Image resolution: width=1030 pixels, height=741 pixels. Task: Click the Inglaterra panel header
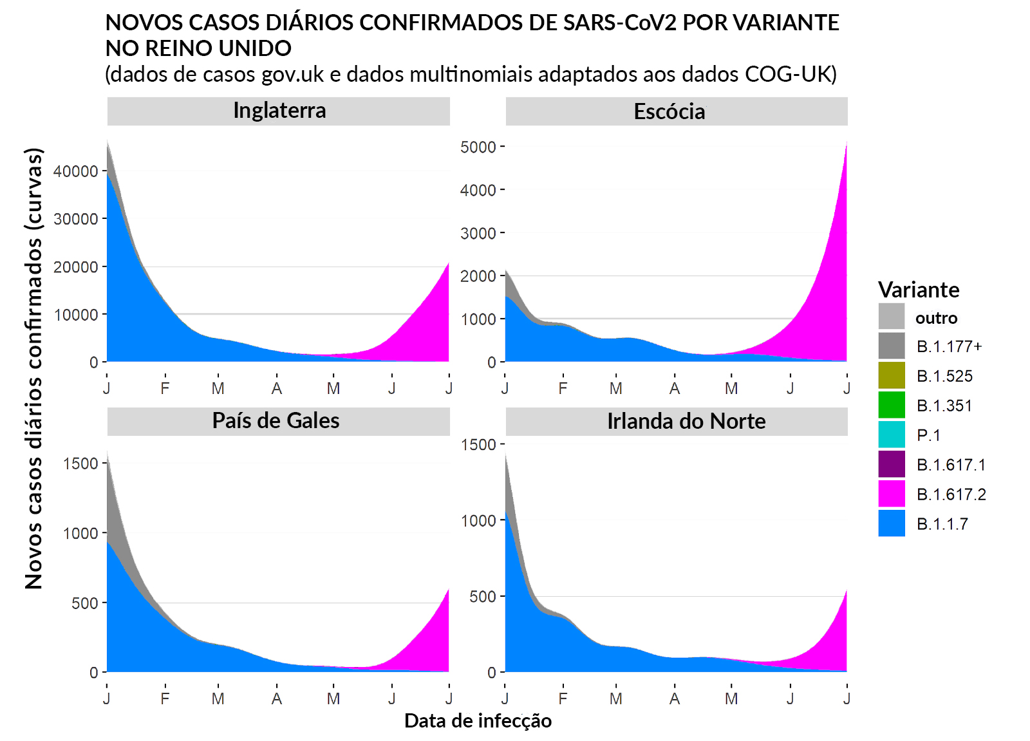tap(279, 111)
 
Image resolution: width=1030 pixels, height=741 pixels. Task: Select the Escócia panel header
tap(669, 111)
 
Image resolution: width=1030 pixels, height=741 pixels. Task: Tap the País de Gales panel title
tap(276, 421)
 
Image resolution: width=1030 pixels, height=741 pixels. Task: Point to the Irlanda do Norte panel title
tap(686, 422)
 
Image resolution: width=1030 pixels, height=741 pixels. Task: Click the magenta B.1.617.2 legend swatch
tap(892, 494)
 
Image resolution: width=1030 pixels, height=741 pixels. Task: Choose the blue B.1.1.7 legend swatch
tap(892, 523)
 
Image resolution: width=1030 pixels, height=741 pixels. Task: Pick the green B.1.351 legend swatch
tap(892, 405)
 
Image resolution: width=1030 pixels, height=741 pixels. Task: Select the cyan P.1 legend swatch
tap(892, 435)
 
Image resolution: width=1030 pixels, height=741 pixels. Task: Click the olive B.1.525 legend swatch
tap(892, 375)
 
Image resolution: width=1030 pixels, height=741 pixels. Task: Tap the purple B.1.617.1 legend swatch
tap(892, 464)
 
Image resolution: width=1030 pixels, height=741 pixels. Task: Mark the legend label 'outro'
tap(936, 318)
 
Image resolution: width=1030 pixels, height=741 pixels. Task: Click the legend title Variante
tap(919, 290)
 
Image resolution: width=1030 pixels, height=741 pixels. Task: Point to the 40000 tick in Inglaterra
tap(76, 171)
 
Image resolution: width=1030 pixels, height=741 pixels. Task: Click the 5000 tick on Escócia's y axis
tap(478, 147)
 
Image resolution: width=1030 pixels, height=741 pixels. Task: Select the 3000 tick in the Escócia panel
tap(478, 233)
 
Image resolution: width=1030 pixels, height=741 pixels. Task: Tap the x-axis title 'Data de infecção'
tap(478, 721)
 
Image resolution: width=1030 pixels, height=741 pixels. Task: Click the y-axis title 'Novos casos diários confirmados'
tap(33, 368)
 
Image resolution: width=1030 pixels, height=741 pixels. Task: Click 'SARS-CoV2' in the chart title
tap(619, 23)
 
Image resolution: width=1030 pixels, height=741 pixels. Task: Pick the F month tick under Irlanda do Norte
tap(563, 699)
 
